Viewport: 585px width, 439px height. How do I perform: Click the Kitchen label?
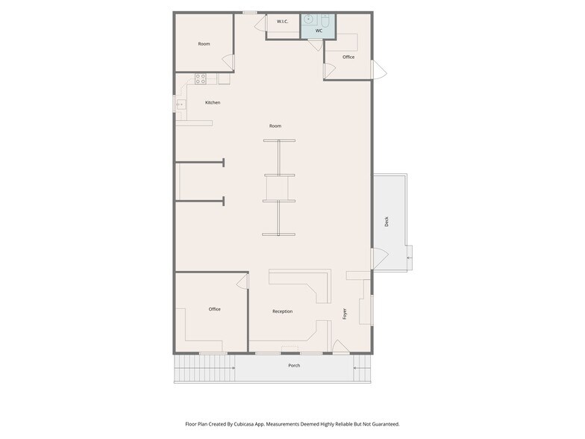213,102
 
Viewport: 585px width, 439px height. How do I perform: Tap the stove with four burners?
200,78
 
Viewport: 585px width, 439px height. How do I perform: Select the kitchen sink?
181,105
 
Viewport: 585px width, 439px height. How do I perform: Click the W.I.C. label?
282,21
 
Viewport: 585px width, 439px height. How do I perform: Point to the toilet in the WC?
325,21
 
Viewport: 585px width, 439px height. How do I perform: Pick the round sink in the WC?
309,19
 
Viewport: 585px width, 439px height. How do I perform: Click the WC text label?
319,31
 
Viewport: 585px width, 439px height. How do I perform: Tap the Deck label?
387,221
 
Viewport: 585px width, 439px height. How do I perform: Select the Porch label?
294,366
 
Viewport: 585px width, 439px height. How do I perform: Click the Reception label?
282,311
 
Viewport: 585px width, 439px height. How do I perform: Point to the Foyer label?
345,314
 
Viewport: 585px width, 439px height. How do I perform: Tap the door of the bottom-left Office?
242,281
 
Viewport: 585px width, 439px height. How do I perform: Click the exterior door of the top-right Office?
379,70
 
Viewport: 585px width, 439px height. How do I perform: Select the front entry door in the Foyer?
340,347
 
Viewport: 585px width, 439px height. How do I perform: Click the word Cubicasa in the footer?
246,424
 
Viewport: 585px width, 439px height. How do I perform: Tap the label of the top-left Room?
204,43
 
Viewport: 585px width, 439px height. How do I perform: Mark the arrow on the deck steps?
409,258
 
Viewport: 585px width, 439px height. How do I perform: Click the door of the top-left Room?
228,62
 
